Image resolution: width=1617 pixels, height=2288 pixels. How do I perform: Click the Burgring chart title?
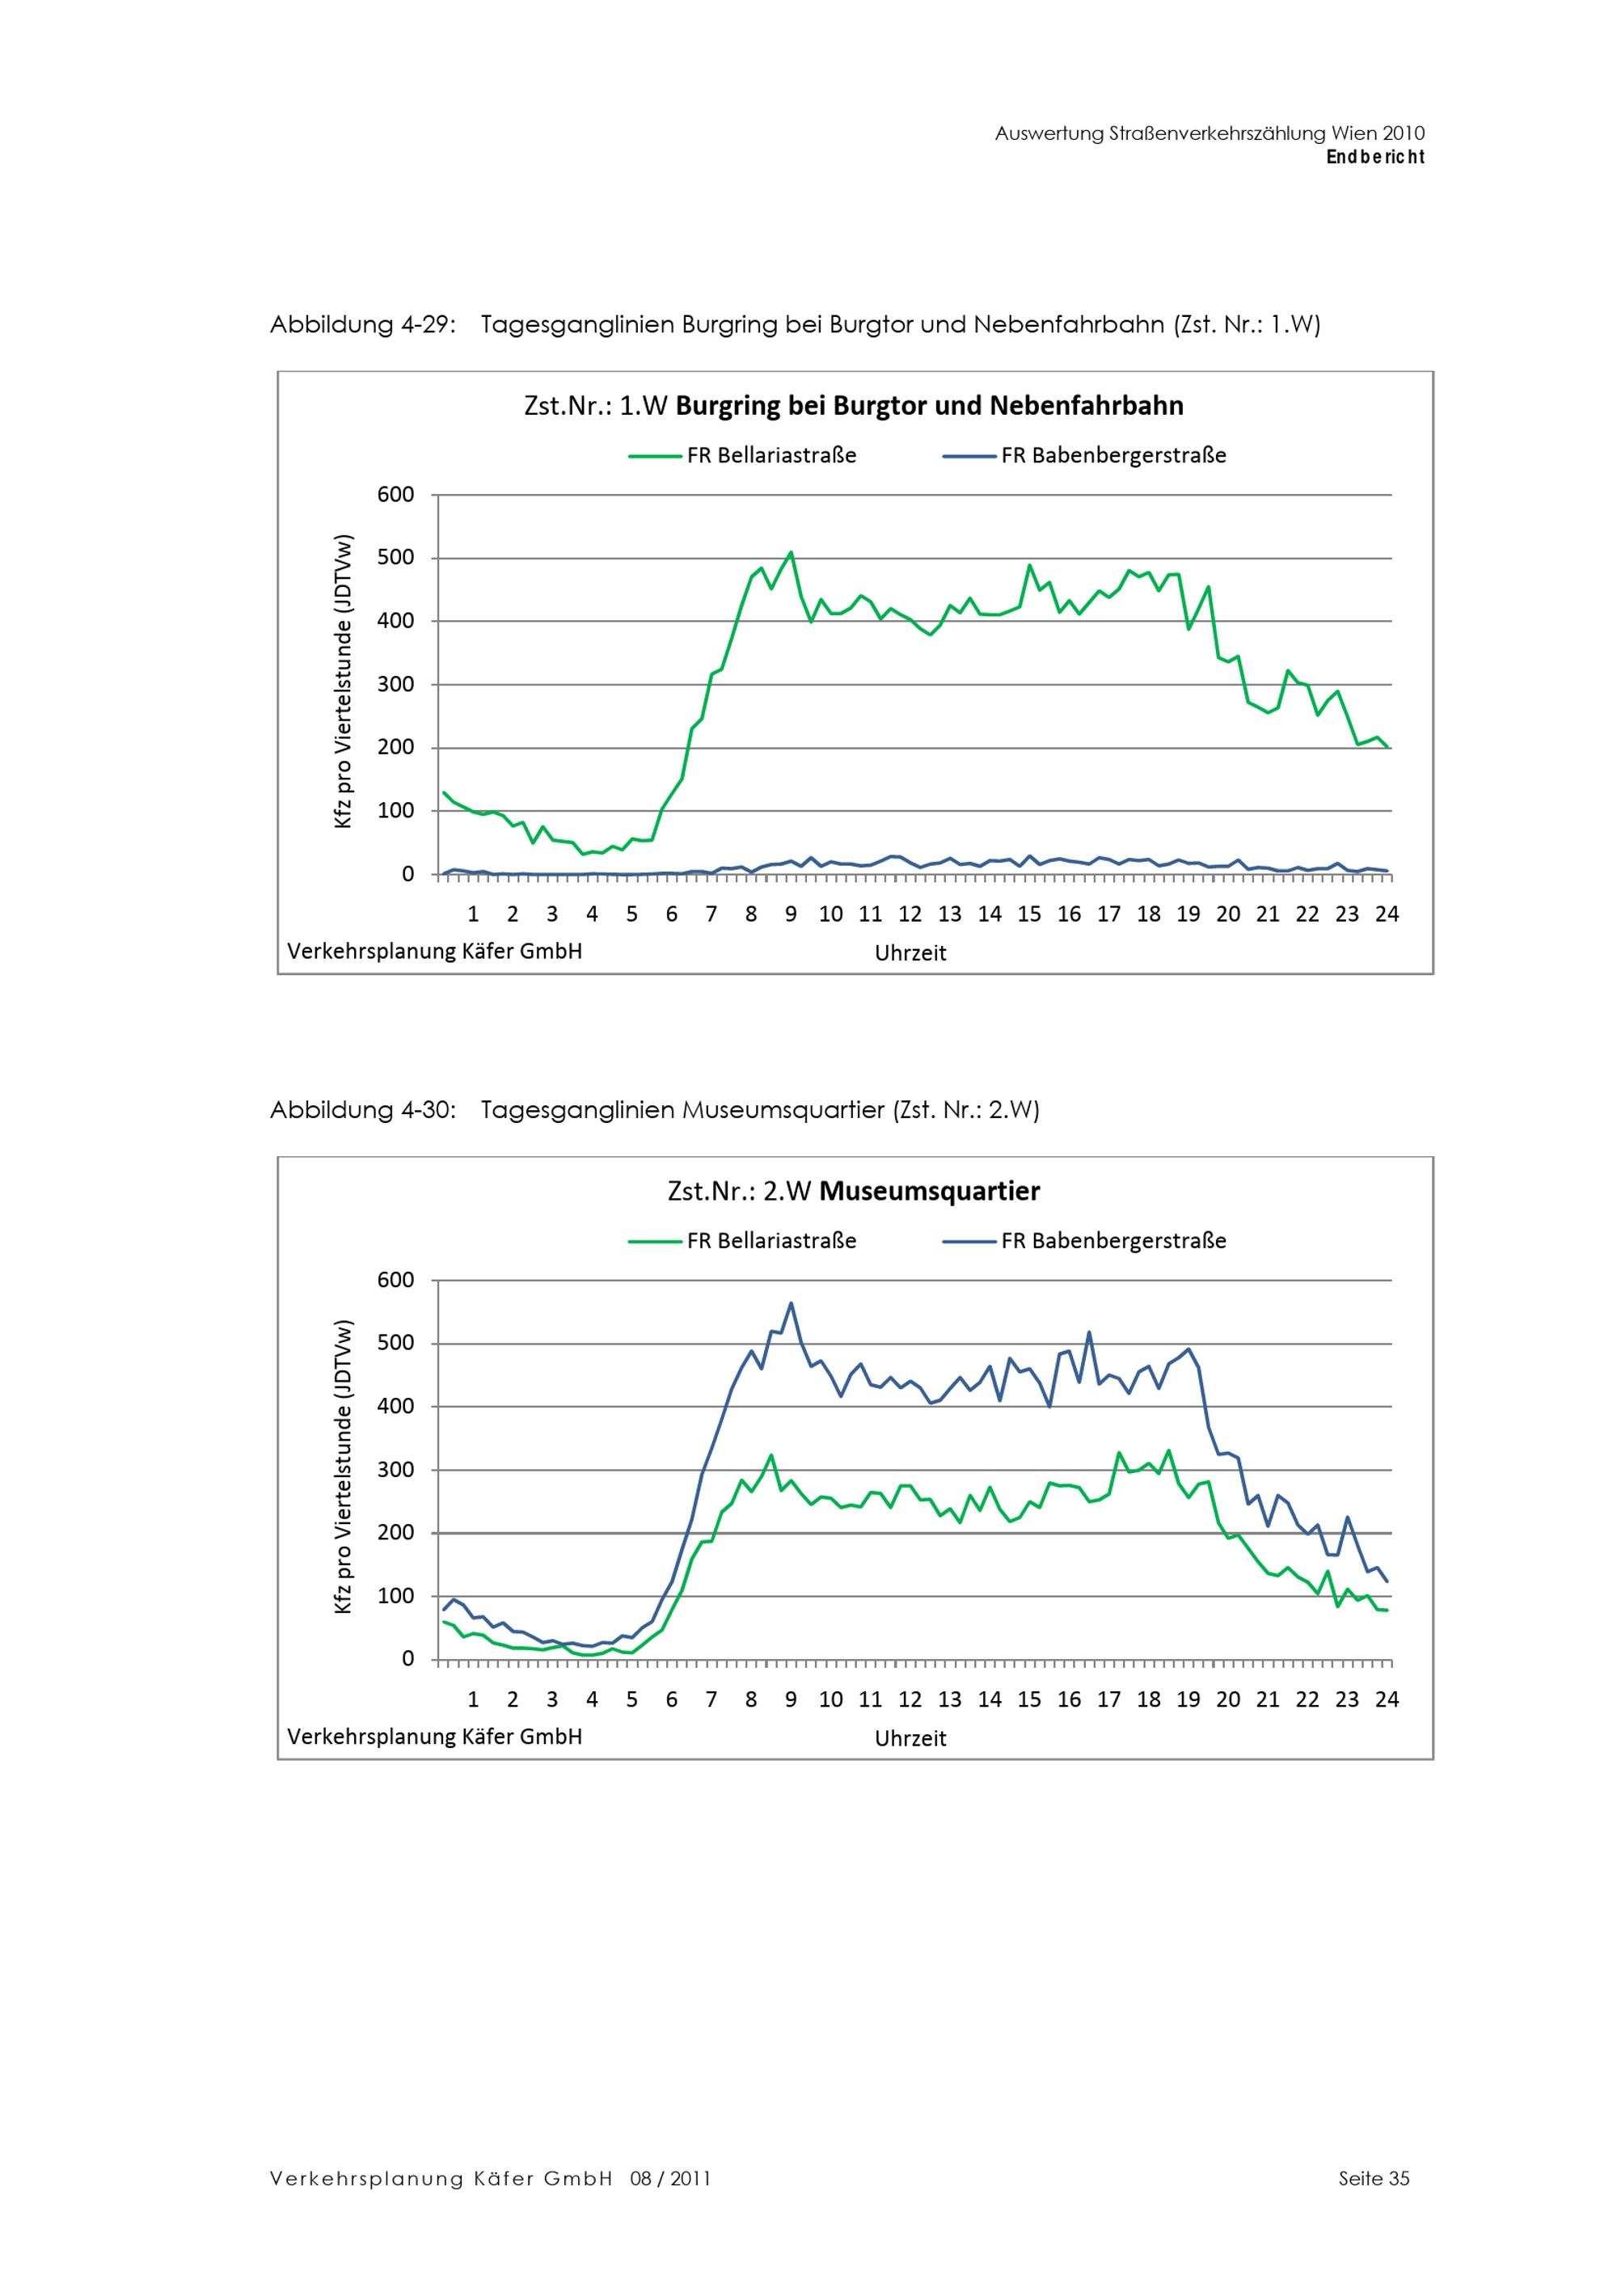pos(853,406)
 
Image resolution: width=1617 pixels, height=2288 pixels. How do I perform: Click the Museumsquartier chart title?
pos(853,1191)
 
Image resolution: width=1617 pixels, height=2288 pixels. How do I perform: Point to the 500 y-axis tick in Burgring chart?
pos(395,557)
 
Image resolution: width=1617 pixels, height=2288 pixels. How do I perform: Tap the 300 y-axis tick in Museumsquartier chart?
pos(395,1469)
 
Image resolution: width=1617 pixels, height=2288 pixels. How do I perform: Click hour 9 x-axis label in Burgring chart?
pos(790,914)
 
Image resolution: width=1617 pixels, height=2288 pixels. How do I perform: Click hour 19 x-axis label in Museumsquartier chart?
pos(1188,1699)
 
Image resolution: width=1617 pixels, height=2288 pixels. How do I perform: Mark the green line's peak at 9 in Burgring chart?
pos(791,552)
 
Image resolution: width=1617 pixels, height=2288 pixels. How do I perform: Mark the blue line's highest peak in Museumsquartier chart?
pos(791,1302)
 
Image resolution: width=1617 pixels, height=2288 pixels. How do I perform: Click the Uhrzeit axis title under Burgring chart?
pos(910,952)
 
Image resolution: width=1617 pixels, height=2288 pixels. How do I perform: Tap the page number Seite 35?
pos(1373,2178)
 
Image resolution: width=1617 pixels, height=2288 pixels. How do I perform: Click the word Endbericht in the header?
pos(1375,157)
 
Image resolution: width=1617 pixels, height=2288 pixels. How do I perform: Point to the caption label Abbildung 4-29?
pos(363,325)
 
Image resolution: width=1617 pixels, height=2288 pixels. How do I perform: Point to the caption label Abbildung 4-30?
pos(363,1110)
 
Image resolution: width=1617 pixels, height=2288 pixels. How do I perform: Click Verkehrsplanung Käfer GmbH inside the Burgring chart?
pos(434,951)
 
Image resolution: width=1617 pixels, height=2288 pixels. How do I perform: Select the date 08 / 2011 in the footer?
pos(669,2178)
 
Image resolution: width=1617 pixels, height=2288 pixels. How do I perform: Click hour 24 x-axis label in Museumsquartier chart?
pos(1386,1699)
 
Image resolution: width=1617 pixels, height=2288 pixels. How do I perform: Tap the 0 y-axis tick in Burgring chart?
pos(407,874)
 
